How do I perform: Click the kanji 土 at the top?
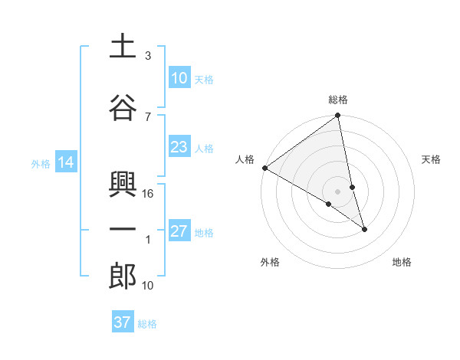[x=123, y=47]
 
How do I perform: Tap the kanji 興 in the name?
[x=123, y=185]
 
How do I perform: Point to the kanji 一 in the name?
[x=123, y=231]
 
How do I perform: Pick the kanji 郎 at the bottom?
[x=123, y=277]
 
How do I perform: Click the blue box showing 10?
[x=179, y=78]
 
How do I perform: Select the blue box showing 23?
[x=179, y=147]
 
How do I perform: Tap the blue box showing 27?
[x=179, y=231]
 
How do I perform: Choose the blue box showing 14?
[x=65, y=162]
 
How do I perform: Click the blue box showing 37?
[x=123, y=322]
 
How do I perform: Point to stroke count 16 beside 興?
[x=149, y=194]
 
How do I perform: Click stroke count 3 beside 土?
[x=148, y=56]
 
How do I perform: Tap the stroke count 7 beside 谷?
[x=148, y=116]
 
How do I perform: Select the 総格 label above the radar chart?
[x=338, y=100]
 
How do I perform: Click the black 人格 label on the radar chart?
[x=245, y=159]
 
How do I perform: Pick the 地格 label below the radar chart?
[x=402, y=262]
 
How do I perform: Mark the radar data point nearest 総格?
[x=337, y=116]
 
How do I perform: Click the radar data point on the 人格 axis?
[x=264, y=168]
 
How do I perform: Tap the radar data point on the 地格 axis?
[x=364, y=229]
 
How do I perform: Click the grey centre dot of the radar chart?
[x=338, y=191]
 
